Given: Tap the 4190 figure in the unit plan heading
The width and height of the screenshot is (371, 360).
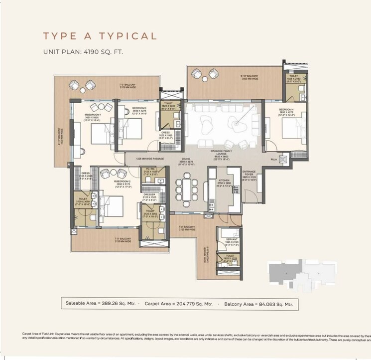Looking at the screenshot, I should click(93, 51).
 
